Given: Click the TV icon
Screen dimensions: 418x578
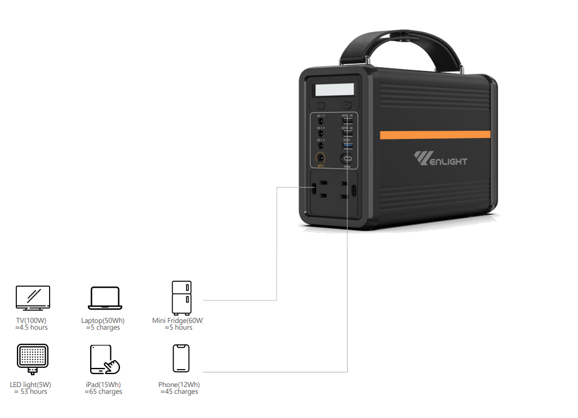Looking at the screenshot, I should click(x=33, y=298).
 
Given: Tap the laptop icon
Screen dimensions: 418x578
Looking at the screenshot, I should click(x=105, y=298).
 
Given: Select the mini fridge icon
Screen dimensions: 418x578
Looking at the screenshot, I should click(x=181, y=298).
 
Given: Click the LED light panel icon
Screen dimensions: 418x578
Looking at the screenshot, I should click(x=33, y=359).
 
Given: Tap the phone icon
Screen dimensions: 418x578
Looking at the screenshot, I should click(x=181, y=358).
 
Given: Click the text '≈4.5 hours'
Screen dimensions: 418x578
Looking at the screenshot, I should click(x=32, y=327).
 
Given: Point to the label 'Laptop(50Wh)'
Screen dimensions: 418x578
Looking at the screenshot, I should click(x=103, y=321).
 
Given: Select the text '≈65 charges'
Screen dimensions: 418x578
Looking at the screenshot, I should click(x=103, y=392).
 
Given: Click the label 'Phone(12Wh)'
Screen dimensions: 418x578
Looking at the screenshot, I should click(x=179, y=385).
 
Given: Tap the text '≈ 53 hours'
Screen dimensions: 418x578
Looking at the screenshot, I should click(x=30, y=392).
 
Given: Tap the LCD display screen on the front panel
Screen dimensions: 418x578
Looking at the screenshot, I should click(x=335, y=89).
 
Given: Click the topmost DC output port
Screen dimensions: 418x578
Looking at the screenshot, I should click(x=321, y=120).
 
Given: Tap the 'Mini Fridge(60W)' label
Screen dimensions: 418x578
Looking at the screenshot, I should click(x=177, y=321).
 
